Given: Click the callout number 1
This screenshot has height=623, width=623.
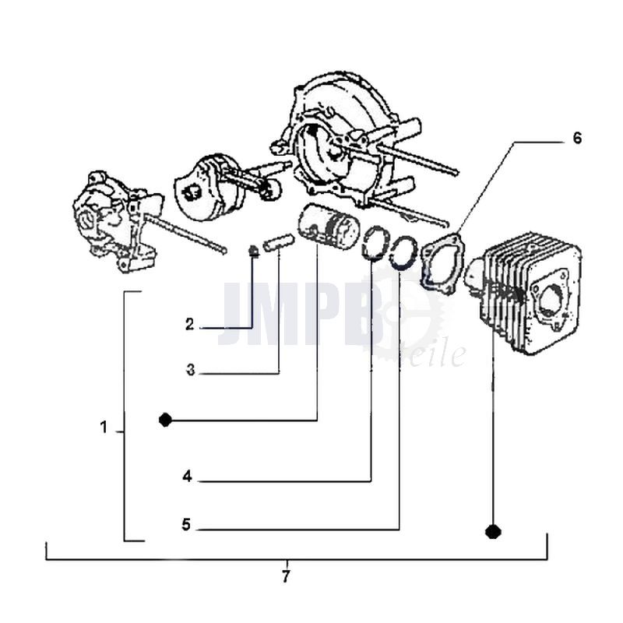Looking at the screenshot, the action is (x=104, y=428).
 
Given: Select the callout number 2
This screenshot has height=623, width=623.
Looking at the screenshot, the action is (x=189, y=324).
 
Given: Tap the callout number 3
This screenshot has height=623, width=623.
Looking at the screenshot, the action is (x=191, y=371).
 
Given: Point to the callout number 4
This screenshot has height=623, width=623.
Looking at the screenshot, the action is (x=188, y=476).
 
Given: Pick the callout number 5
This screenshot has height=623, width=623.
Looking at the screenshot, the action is (x=186, y=524).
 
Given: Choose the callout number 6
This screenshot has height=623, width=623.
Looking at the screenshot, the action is (x=577, y=139).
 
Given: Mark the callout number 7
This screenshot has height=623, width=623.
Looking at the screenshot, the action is (x=286, y=576).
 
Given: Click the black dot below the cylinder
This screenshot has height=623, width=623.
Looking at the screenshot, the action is (x=493, y=532).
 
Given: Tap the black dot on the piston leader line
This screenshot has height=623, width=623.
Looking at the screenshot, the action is (x=165, y=420).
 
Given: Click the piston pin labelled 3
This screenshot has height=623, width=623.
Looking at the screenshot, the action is (x=278, y=242).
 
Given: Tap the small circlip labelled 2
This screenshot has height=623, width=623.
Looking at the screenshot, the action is (x=253, y=252).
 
